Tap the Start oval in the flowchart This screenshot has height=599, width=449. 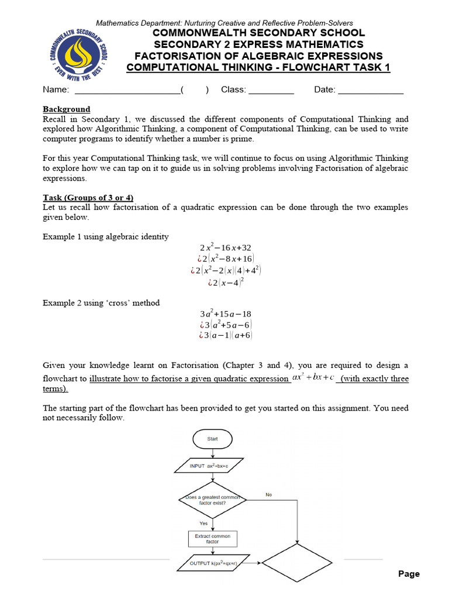coord(212,439)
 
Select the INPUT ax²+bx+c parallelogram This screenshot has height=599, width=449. coord(212,466)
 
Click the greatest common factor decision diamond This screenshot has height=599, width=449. coord(212,500)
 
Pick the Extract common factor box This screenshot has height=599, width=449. coord(212,538)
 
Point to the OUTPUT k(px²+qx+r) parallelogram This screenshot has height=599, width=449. coord(212,563)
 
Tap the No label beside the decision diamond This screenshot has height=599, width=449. coord(268,495)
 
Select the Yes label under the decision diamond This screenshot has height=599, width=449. coord(203,523)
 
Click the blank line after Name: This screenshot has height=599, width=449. coord(127,90)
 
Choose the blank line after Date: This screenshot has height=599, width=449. coord(371,90)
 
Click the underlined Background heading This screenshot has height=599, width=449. coord(67,109)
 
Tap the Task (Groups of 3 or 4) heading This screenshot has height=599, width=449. coord(88,198)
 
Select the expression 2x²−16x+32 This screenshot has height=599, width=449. coord(225,247)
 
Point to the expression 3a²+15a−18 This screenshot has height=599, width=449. coord(225,314)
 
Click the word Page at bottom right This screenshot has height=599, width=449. coord(409,574)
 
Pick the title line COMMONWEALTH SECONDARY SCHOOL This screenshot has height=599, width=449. coord(258,33)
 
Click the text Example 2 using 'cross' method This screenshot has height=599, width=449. coord(101,303)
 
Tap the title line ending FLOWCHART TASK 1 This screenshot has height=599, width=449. coord(258,67)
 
